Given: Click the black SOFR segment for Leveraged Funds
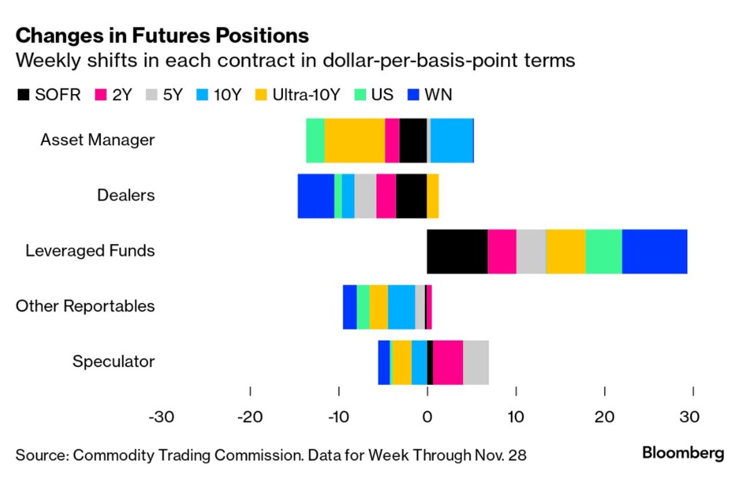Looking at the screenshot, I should [457, 251].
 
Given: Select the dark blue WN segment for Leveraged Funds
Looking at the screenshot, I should [655, 251].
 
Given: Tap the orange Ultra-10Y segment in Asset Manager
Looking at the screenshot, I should [354, 141].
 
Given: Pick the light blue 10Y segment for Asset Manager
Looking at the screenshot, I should [452, 141].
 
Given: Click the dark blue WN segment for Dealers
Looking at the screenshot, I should [316, 196].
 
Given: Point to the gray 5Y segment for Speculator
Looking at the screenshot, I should [476, 362].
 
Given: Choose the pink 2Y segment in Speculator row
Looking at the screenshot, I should [448, 362].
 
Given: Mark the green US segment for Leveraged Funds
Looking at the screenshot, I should [603, 251].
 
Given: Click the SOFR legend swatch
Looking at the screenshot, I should [24, 95].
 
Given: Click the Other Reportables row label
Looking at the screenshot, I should [85, 306].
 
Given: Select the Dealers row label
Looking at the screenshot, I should [126, 195].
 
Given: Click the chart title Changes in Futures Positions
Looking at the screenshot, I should [162, 35].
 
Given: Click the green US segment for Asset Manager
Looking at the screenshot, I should [316, 141].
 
